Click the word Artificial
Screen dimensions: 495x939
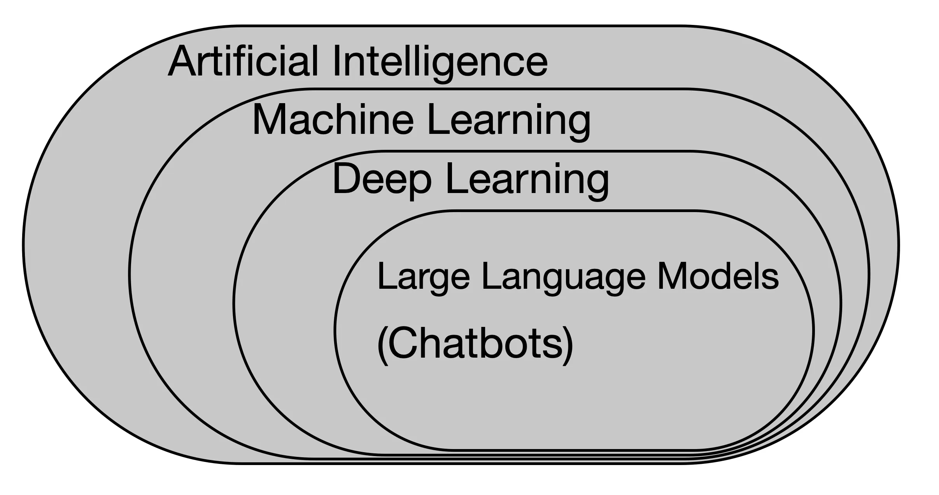[243, 61]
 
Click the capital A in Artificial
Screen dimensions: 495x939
[181, 61]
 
